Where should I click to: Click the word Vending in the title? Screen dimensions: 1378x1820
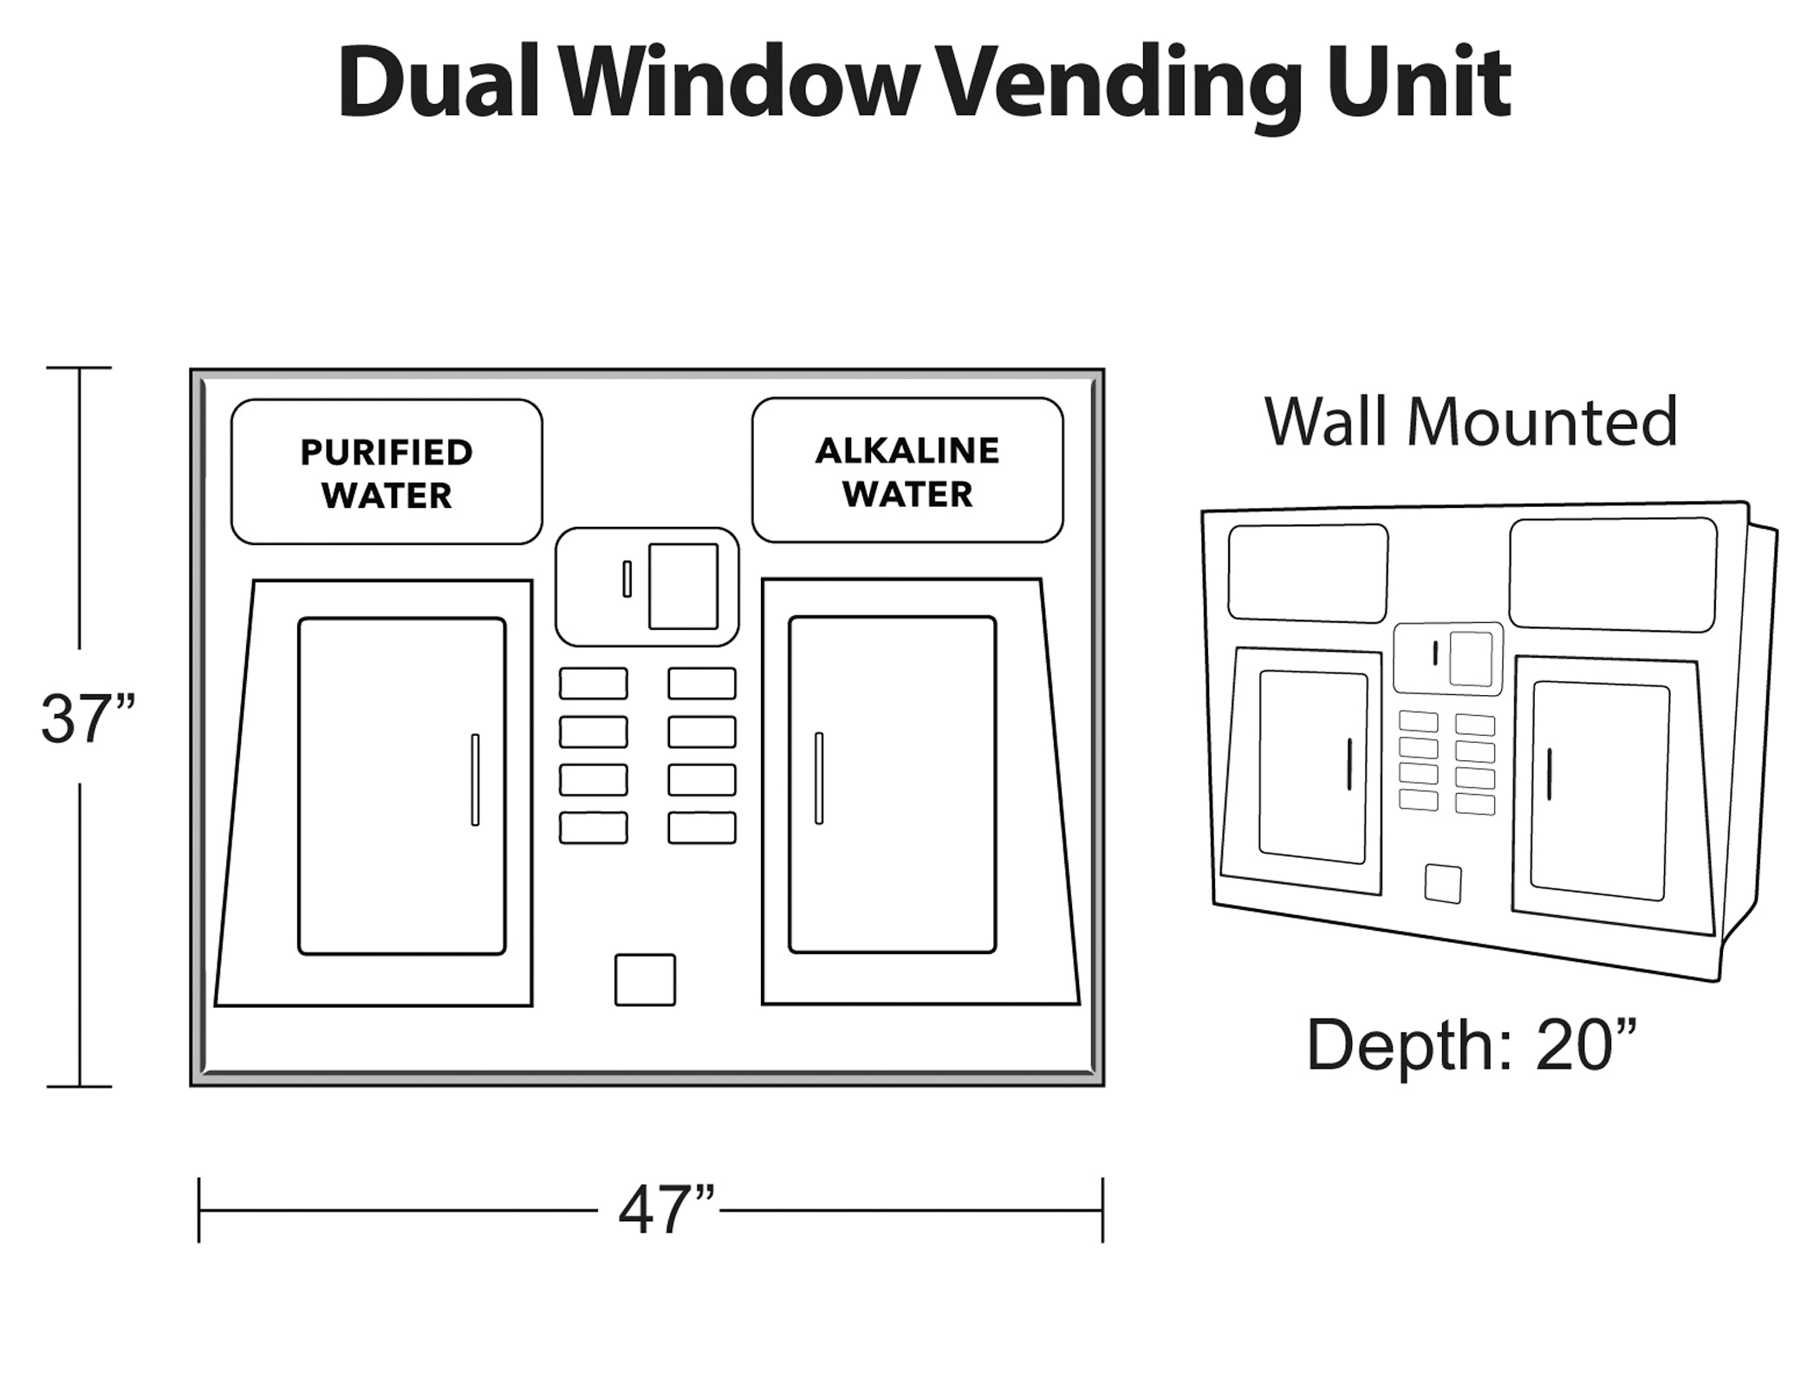pos(1118,84)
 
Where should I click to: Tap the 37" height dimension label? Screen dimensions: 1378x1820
pos(87,718)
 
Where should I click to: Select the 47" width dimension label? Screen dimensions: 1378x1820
pos(666,1210)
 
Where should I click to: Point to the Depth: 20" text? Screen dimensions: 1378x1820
pos(1472,1045)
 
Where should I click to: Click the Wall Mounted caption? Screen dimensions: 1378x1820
pos(1471,422)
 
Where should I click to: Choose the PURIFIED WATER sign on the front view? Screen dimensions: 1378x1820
pos(387,472)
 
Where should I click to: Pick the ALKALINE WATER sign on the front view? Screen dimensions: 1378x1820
pos(907,471)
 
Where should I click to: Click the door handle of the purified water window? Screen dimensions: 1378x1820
pos(475,779)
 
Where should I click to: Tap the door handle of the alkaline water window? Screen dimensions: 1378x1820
pos(819,777)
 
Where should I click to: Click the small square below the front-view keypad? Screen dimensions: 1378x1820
pos(645,979)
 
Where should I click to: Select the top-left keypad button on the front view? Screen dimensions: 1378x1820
pos(593,683)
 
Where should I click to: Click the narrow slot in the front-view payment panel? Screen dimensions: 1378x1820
pos(627,579)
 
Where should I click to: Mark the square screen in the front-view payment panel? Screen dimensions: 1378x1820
pos(683,586)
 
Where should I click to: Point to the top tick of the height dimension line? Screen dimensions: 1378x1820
pos(80,367)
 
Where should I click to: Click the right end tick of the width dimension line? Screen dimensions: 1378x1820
pos(1102,1210)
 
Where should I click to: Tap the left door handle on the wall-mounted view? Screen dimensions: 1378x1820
pos(1349,764)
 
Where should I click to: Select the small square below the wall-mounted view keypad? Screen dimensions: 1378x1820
pos(1443,883)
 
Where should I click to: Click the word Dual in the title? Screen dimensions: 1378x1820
pos(439,84)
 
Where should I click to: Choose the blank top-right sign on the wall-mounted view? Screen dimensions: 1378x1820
pos(1613,575)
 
